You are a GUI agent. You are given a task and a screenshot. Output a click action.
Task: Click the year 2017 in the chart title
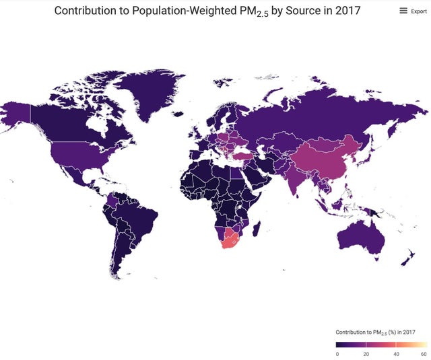point(345,11)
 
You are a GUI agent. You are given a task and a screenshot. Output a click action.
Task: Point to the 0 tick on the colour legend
point(337,353)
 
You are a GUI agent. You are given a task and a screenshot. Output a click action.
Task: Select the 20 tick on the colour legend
point(366,353)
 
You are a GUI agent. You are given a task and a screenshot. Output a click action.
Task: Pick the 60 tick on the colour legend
point(423,353)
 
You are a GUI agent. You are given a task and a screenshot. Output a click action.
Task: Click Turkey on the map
point(243,154)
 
